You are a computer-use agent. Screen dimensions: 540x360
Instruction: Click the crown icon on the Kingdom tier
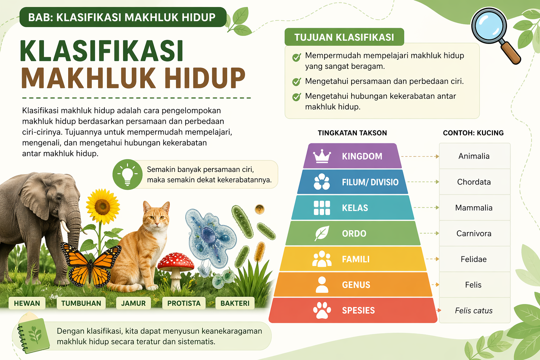[322, 156]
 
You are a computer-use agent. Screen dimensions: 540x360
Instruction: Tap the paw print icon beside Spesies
[322, 310]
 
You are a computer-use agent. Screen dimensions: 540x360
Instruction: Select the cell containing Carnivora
[474, 233]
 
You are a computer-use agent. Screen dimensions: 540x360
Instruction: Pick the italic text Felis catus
[474, 310]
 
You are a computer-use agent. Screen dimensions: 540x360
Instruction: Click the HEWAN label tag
[27, 303]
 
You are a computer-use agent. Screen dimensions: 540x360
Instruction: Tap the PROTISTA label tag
[184, 303]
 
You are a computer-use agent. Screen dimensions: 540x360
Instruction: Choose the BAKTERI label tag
[235, 303]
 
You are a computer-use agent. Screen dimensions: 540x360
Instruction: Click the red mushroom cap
[176, 262]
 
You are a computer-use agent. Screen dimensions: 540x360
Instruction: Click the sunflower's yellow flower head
[103, 206]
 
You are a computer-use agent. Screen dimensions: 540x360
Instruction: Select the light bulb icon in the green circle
[128, 174]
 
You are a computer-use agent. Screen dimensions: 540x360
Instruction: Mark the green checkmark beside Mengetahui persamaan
[296, 82]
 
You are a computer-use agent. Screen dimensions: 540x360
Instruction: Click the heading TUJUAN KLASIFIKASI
[344, 37]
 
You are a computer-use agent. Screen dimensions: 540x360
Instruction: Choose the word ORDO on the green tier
[354, 233]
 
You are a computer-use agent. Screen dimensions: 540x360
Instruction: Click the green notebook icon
[33, 335]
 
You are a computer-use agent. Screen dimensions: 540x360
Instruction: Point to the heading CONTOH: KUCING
[474, 133]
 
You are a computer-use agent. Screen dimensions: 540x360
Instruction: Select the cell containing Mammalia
[474, 207]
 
